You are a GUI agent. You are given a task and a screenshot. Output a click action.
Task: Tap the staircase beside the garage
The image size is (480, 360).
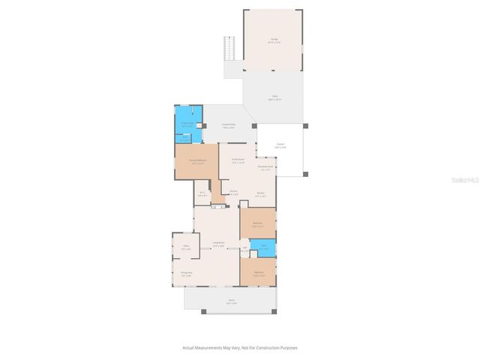click(230, 49)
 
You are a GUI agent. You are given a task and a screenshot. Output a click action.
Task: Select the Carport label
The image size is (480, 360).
click(280, 145)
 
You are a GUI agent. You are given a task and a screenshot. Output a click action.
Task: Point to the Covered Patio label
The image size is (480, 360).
click(229, 126)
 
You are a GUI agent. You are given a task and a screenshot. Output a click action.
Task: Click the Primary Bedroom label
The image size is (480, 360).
click(197, 161)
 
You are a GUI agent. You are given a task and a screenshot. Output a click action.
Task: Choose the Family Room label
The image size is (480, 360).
click(238, 160)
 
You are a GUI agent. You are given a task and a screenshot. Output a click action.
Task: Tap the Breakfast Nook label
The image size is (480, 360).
click(266, 167)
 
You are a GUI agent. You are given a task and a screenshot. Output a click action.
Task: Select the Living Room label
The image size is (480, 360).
click(218, 244)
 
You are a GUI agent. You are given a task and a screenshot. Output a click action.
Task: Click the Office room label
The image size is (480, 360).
click(185, 247)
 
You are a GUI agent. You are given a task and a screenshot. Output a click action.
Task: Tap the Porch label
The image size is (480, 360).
click(232, 301)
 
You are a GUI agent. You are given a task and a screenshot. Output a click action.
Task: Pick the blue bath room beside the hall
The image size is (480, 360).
click(264, 247)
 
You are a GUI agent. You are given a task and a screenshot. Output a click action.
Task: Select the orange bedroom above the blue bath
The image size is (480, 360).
click(257, 224)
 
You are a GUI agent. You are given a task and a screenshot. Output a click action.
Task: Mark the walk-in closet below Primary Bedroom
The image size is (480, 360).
click(202, 194)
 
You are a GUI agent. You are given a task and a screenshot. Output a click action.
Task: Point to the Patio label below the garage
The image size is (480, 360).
click(274, 97)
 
